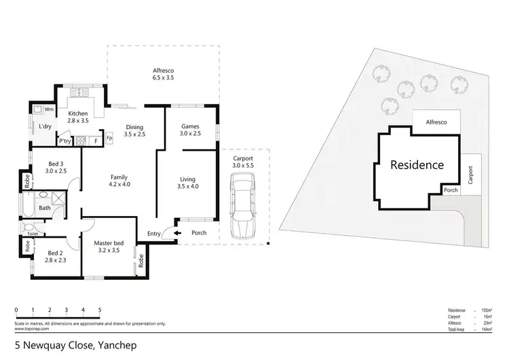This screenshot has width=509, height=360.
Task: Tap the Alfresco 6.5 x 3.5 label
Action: (x=164, y=74)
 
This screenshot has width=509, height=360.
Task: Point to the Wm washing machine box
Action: (x=48, y=109)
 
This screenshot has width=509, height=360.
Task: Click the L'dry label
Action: (x=45, y=126)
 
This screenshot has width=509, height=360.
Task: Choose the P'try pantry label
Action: (x=65, y=141)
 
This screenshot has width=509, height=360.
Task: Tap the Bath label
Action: (x=44, y=208)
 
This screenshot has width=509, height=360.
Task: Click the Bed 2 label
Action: (x=55, y=254)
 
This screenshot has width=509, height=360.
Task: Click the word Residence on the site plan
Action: (x=417, y=164)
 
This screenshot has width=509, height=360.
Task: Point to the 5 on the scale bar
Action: (x=100, y=310)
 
